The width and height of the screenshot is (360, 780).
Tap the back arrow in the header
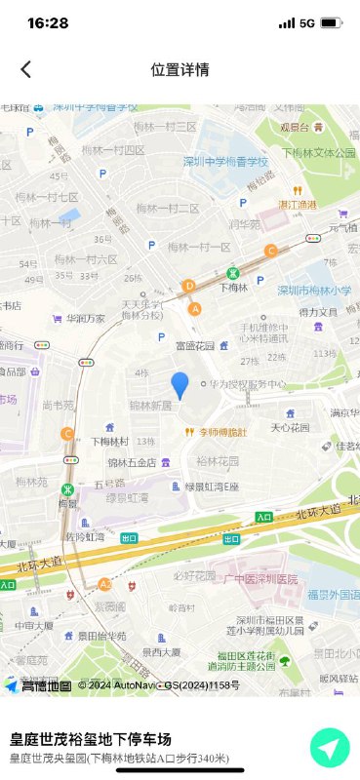(26, 69)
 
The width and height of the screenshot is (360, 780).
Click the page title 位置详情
(180, 69)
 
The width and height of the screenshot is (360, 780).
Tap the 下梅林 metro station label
(235, 288)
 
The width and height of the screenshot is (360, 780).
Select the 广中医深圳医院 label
(260, 579)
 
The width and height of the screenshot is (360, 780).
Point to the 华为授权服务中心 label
(249, 383)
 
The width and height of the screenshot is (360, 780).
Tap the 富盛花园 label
(193, 345)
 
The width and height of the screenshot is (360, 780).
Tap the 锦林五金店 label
(132, 462)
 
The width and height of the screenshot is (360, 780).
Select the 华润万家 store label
(85, 318)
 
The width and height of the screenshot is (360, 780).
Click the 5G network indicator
(307, 22)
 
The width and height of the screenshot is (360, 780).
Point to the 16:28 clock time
(48, 22)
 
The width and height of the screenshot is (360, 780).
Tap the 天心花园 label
(290, 427)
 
